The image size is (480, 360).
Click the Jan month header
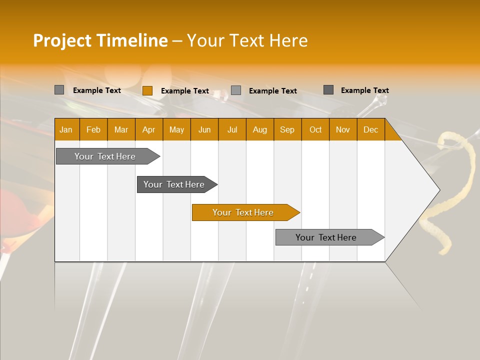click(66, 129)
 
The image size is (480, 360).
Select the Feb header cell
click(93, 129)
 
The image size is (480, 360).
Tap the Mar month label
click(121, 129)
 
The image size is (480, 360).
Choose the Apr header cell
click(149, 129)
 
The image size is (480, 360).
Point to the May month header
click(176, 129)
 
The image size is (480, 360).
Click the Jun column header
click(204, 129)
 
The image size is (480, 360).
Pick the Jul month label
click(232, 129)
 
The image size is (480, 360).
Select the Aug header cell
click(260, 129)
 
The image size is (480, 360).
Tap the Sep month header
click(287, 129)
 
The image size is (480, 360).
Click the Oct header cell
click(315, 129)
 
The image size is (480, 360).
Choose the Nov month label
click(343, 129)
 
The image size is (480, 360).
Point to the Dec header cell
click(371, 129)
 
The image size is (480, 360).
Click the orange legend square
click(147, 90)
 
